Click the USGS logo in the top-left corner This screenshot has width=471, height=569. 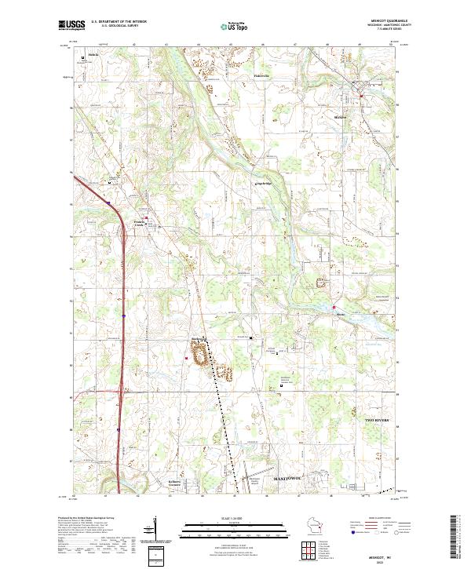(x=72, y=25)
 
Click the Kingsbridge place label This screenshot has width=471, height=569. (x=243, y=185)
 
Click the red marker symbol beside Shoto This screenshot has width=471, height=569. (x=333, y=306)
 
